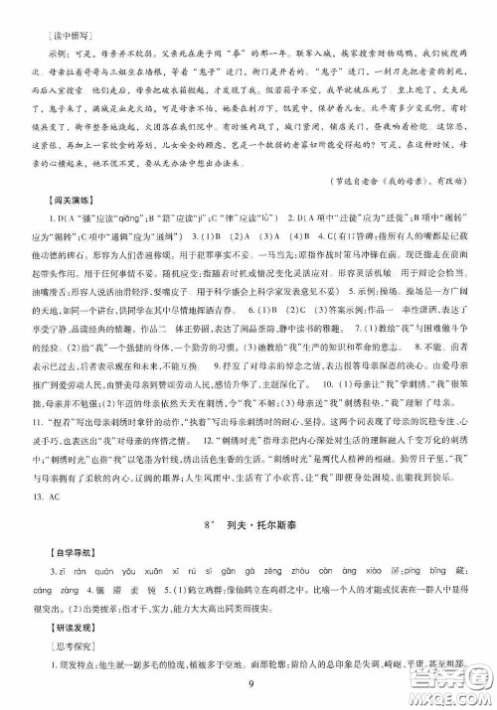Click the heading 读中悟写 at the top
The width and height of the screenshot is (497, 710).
coord(50,19)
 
